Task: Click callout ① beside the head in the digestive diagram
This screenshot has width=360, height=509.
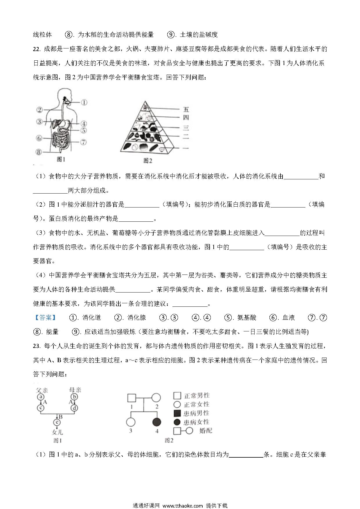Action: (84, 102)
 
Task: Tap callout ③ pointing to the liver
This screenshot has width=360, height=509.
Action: (40, 122)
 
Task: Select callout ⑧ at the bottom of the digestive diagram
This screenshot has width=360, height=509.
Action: (39, 152)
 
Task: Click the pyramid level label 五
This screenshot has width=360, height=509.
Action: (186, 110)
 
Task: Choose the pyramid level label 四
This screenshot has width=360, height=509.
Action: (186, 117)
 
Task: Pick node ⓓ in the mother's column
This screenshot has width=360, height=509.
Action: (75, 409)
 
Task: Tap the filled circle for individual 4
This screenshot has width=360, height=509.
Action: (157, 422)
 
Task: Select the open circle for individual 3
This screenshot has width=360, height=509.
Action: (131, 422)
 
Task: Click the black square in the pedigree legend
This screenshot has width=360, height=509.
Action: (177, 413)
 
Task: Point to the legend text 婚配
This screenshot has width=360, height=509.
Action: (206, 431)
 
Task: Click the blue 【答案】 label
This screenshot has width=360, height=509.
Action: (45, 318)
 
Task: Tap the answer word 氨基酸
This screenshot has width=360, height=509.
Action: (247, 318)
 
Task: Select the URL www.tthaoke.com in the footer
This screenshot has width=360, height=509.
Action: (183, 506)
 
